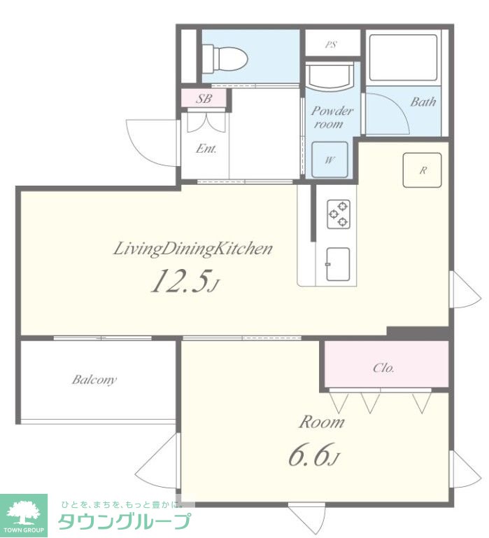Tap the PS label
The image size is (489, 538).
coord(331,44)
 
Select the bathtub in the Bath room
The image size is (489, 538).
coord(404,57)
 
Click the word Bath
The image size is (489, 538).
coord(423,102)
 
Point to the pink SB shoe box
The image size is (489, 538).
coord(204,99)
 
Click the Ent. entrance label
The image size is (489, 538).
coord(206,149)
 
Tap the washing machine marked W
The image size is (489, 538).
coord(329,160)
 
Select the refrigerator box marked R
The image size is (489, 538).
coord(422,170)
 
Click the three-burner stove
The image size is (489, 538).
coord(339,214)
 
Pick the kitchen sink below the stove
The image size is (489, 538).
coord(338,264)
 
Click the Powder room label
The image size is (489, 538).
coord(332,117)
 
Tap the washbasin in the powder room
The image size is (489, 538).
coord(329,76)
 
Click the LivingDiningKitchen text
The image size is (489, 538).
coord(192,249)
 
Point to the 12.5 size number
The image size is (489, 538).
coord(185,280)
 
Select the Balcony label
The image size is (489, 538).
coord(94,380)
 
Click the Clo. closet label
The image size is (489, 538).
coord(383,368)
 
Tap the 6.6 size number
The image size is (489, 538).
coord(313,455)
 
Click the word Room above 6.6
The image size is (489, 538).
coord(321,422)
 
